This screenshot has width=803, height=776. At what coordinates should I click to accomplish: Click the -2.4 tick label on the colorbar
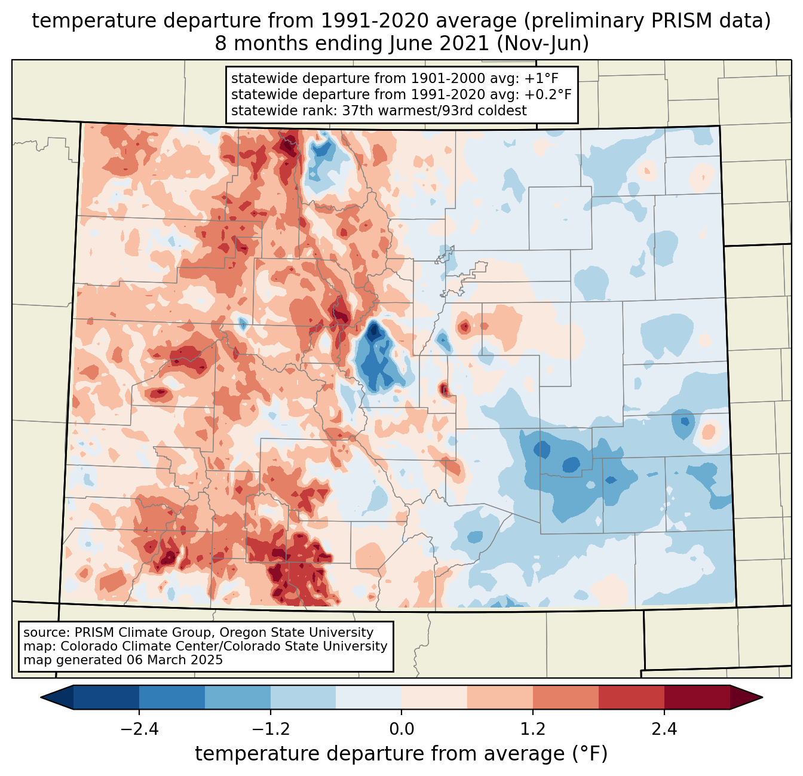pos(139,729)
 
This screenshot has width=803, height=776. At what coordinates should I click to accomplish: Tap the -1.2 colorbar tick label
pos(270,729)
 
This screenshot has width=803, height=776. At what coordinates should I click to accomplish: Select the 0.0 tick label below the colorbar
pos(401,729)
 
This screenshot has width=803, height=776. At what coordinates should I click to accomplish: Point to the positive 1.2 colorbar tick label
pos(533,729)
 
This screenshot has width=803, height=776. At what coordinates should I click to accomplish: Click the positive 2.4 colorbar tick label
pos(664,729)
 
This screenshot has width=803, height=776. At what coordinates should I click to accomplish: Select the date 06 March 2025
pos(174,660)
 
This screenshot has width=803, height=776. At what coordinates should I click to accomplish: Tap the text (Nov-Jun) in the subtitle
pos(543,44)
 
